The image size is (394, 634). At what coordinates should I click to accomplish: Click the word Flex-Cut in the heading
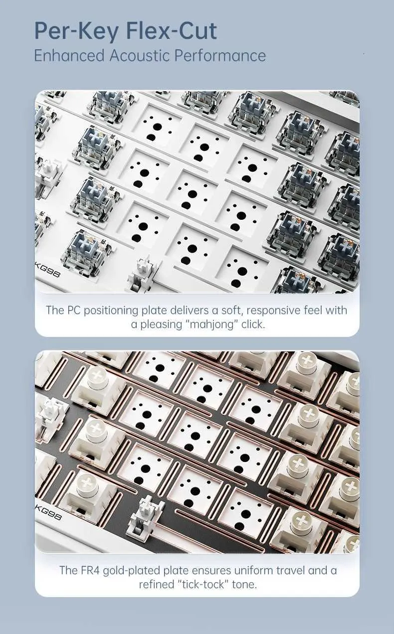point(172,31)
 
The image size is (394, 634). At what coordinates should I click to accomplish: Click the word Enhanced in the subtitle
point(69,55)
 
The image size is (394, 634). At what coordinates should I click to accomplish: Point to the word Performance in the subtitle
point(220,55)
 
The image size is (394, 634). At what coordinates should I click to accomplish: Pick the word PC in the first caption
point(74,310)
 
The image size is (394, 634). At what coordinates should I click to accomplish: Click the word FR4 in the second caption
point(91,562)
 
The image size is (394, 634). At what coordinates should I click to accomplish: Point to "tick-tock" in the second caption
point(203,576)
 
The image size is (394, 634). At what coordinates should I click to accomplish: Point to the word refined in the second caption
point(156,576)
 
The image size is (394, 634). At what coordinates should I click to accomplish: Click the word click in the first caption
point(253,324)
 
